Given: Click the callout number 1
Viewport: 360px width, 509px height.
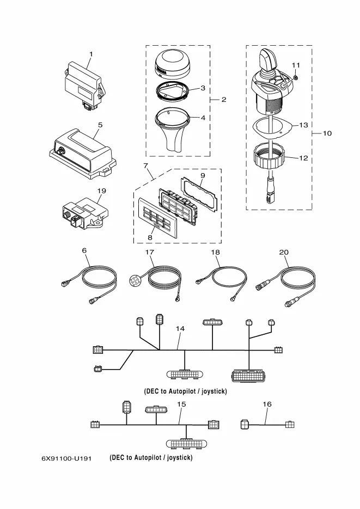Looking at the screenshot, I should [91, 54].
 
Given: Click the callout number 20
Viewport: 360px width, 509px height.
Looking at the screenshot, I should [283, 252].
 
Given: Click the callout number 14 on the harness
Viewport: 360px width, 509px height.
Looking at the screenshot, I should [180, 328].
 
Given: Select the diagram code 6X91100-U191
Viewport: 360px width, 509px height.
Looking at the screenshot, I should [66, 458].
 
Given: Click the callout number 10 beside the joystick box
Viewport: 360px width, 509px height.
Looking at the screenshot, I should [327, 133].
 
